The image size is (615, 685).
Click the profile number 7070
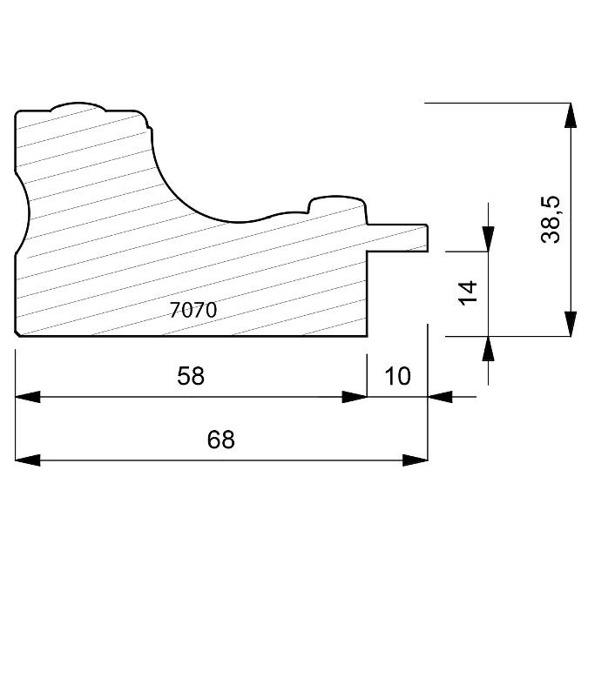(193, 310)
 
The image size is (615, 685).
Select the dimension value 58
(191, 375)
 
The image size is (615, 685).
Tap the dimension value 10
(396, 375)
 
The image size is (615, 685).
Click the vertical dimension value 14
(468, 292)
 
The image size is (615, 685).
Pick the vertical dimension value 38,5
(550, 219)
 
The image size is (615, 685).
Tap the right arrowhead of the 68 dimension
(416, 460)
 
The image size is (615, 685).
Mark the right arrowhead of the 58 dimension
(355, 397)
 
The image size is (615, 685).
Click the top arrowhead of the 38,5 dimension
(570, 115)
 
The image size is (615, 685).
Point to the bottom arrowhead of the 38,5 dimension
(570, 324)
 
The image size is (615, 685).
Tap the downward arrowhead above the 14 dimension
(488, 239)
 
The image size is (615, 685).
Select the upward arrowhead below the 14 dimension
(488, 348)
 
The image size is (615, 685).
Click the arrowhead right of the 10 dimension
(441, 397)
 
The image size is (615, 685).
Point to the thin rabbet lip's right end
(426, 238)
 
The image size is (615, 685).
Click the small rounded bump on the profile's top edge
(78, 106)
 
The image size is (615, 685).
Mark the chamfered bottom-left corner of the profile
(18, 333)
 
